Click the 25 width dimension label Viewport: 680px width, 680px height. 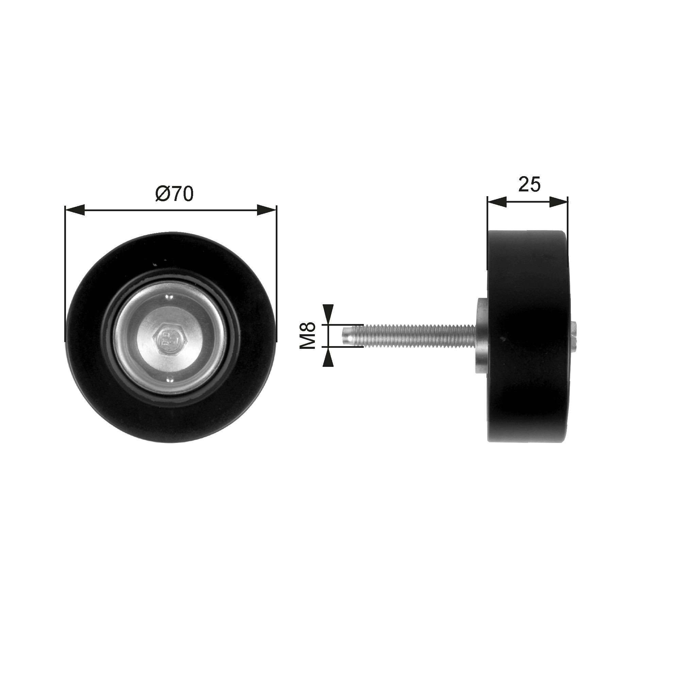coord(529,184)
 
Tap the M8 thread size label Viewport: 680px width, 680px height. coord(307,336)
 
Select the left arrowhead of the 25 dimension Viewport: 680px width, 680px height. coord(497,202)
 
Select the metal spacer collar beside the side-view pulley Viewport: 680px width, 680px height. coord(481,335)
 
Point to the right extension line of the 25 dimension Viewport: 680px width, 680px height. coord(568,218)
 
